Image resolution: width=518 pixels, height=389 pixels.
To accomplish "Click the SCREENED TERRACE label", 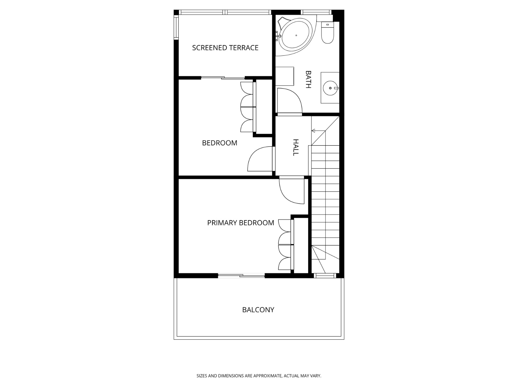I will [225, 48].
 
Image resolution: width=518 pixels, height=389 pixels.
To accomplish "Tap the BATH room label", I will [308, 79].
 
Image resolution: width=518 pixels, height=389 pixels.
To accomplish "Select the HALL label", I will [296, 147].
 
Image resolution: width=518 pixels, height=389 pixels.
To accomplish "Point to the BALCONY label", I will [258, 310].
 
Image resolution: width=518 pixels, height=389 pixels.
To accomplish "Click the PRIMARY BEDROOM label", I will [241, 223].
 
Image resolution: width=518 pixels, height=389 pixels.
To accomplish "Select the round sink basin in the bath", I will [330, 88].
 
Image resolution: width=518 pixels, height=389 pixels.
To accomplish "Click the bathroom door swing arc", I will [290, 100].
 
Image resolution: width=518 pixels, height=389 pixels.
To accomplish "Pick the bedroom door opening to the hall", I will [260, 159].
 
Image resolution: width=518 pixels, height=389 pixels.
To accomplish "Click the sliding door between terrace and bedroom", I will [223, 78].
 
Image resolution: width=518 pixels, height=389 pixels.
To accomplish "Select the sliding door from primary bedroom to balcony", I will [241, 276].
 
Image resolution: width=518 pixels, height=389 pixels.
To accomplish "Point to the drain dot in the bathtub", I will [296, 35].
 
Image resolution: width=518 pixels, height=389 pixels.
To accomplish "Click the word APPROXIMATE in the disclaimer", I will [267, 376].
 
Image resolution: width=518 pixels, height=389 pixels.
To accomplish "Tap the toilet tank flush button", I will [327, 25].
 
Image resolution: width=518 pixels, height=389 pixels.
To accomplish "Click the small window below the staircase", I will [325, 276].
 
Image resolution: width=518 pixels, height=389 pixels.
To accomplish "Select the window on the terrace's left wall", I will [176, 28].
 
